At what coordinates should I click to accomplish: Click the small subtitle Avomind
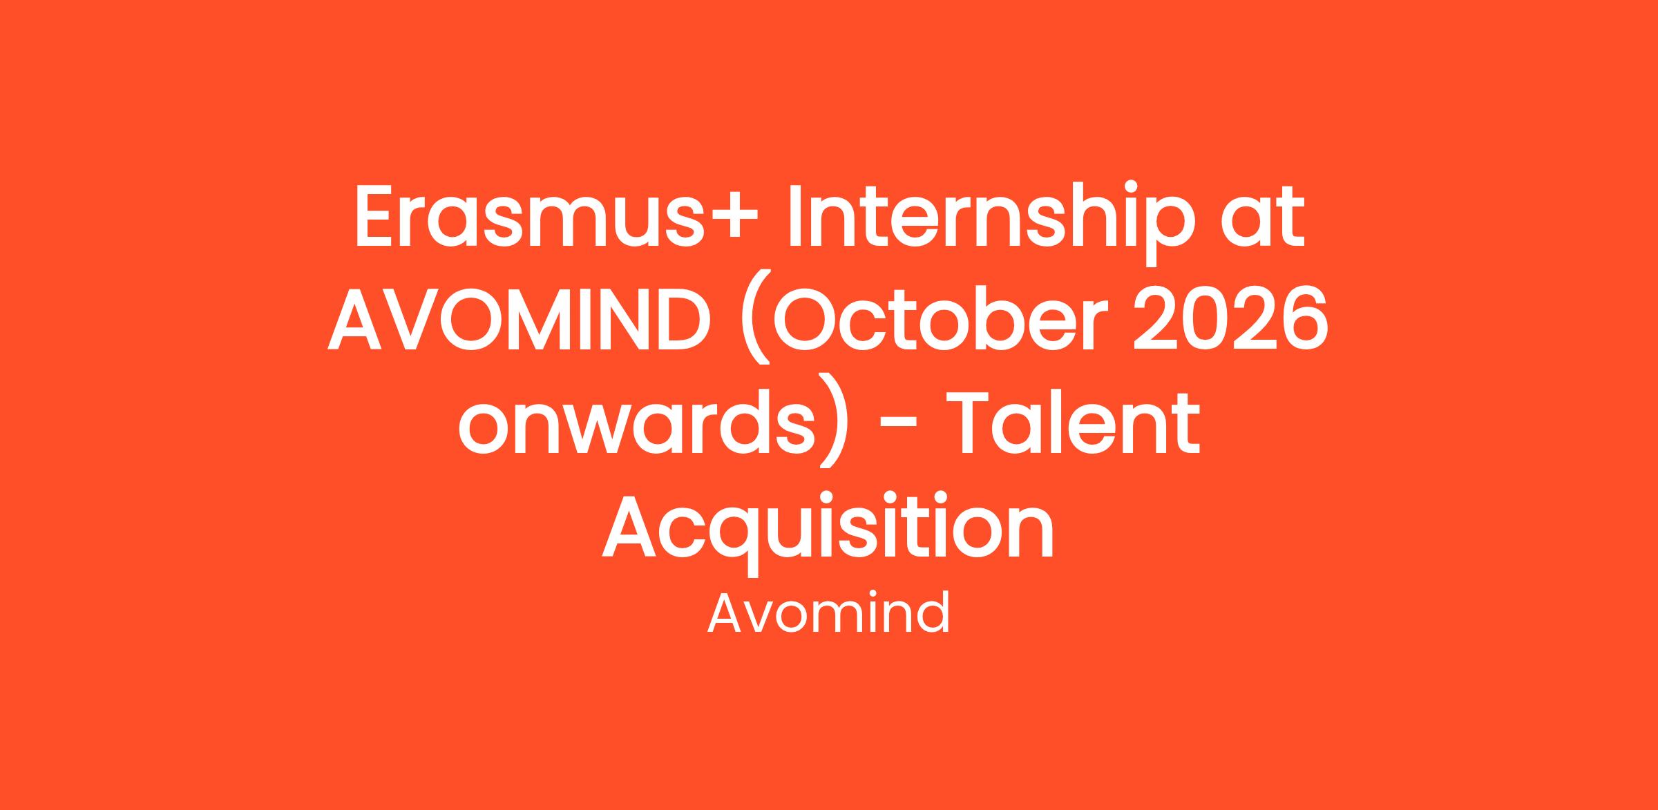[x=829, y=613]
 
